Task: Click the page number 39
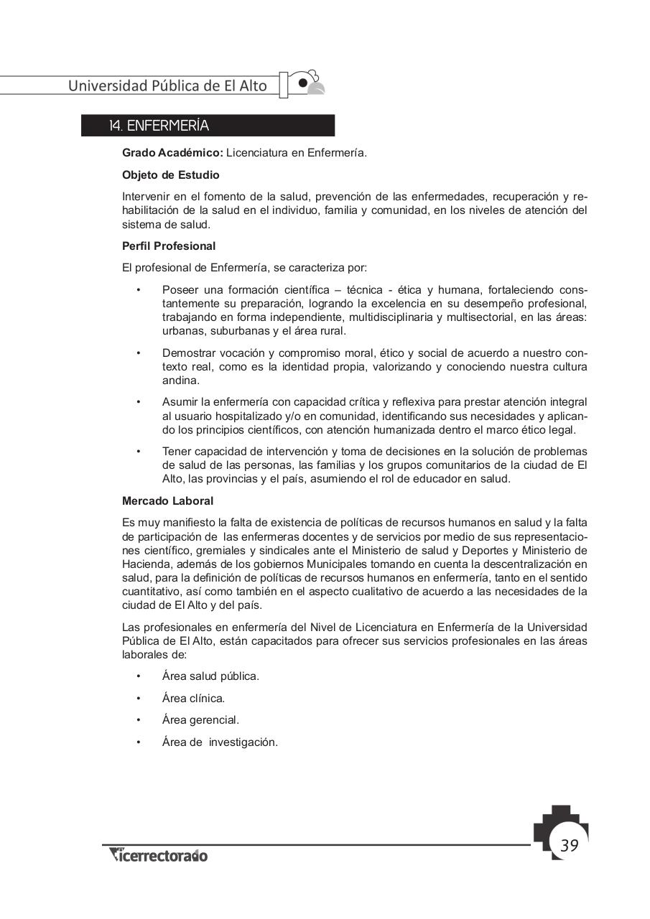[x=569, y=845]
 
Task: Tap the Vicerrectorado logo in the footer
[x=159, y=855]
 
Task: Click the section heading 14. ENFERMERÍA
[x=159, y=126]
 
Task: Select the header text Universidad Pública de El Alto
[x=167, y=86]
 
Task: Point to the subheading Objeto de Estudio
[x=171, y=174]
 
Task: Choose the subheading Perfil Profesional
[x=169, y=246]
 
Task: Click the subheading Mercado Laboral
[x=167, y=501]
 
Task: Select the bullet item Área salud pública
[x=210, y=676]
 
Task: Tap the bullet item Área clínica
[x=193, y=698]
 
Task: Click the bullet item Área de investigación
[x=220, y=742]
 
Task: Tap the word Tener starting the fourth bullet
[x=177, y=452]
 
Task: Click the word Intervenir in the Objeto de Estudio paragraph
[x=147, y=197]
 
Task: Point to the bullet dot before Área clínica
[x=138, y=698]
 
